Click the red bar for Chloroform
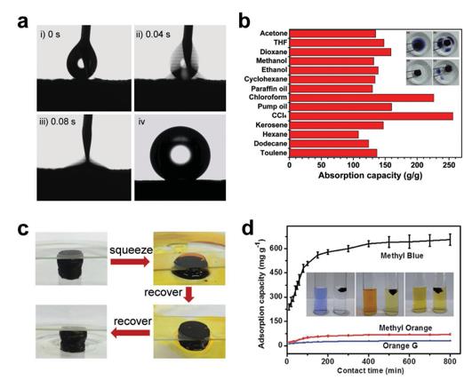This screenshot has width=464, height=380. click(362, 98)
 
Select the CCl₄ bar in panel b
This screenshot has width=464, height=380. click(372, 116)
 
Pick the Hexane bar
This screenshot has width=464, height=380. click(324, 135)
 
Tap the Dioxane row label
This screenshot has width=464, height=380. click(274, 52)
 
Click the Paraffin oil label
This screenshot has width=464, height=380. click(269, 89)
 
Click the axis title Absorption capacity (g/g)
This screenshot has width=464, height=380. click(370, 175)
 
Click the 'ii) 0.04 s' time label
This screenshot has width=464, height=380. click(153, 35)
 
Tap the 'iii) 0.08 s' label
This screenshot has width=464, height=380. click(57, 122)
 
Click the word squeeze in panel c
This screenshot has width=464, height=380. click(132, 250)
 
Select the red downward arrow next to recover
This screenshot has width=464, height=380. click(188, 294)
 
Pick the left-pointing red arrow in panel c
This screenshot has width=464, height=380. click(131, 333)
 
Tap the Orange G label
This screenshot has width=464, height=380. click(400, 345)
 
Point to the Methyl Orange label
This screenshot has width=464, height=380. click(405, 328)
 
